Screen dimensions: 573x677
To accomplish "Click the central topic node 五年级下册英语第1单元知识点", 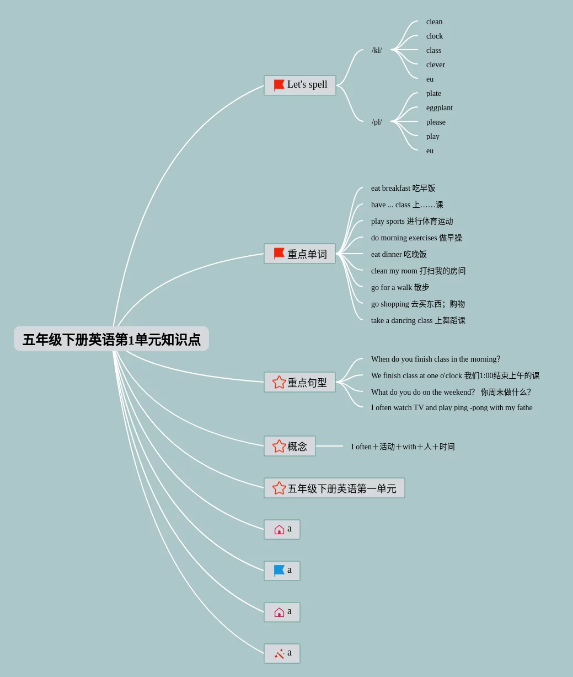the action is pos(111,339).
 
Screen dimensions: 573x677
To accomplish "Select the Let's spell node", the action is pos(300,85).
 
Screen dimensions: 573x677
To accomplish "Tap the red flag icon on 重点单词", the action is pos(279,254).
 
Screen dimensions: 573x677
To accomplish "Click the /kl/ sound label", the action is pos(377,50).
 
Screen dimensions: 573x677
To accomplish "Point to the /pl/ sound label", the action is pos(377,122).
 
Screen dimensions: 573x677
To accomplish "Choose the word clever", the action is pos(435,65).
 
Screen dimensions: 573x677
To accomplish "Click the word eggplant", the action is pos(439,108).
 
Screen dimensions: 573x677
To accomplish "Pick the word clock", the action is pos(434,36).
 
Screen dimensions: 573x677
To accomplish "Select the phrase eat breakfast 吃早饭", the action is pos(403,188).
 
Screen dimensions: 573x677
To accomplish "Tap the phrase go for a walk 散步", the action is pos(400,287).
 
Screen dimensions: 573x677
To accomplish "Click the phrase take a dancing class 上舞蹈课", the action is pos(418,320).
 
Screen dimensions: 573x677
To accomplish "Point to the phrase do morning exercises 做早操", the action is pos(416,238).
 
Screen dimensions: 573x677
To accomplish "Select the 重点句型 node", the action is pos(300,382).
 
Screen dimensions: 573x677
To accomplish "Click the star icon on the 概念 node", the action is pos(279,446).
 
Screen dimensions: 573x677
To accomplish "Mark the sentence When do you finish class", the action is pos(435,359).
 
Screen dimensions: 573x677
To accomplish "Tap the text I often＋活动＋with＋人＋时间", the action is pos(403,447).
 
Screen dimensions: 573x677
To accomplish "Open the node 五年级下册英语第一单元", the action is pos(334,488).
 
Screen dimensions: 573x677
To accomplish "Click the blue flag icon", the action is pos(279,571).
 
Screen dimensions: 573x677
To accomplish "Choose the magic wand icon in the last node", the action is pos(279,654).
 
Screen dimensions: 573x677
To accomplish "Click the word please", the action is pos(435,122).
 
